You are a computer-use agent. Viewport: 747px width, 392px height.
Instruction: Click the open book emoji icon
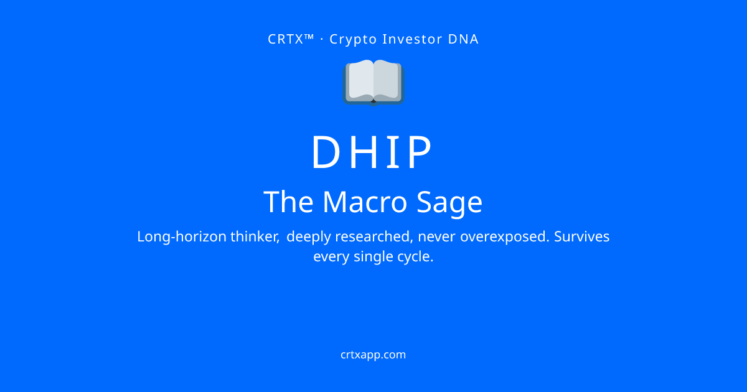[374, 83]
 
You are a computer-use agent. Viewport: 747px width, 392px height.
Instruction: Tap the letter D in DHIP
[326, 152]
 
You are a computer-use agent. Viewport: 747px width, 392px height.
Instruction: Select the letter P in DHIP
[420, 152]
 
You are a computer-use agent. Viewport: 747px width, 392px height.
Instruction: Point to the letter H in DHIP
[365, 152]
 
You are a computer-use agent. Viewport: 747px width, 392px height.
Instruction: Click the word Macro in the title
[365, 202]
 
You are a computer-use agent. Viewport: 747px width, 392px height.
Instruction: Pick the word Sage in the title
[449, 203]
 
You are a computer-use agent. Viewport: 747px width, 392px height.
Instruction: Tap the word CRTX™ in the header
[291, 39]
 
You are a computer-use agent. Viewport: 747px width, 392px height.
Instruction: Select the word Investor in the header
[411, 39]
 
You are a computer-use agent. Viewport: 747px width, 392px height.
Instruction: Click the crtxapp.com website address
[373, 355]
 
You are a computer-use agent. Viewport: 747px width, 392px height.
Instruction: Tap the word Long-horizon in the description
[182, 237]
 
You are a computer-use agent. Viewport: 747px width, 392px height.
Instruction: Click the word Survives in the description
[582, 236]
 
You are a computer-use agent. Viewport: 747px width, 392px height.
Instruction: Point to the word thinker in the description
[255, 236]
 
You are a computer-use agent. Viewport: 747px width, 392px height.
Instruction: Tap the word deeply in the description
[309, 237]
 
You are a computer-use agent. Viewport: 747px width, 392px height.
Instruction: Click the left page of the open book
[360, 80]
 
